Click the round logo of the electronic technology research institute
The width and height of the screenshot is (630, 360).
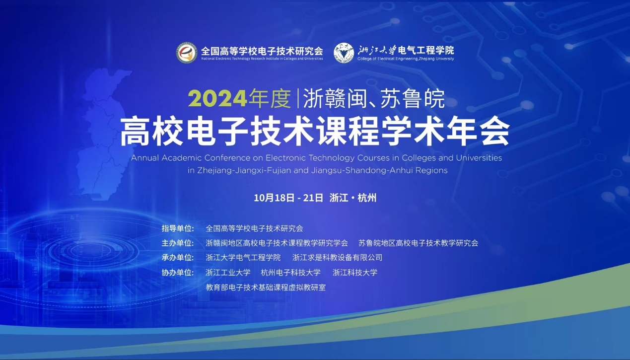tap(187, 53)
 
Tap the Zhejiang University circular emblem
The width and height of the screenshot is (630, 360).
tap(344, 53)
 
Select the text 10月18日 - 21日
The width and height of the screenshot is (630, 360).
tap(288, 198)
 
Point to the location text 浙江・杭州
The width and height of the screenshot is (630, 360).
tap(352, 198)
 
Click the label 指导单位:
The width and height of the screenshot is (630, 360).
tap(178, 228)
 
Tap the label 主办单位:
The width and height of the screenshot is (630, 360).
tap(178, 243)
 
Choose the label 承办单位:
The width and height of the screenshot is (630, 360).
tap(178, 258)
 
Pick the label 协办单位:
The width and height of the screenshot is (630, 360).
tap(178, 273)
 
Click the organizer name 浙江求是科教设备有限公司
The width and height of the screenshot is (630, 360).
tap(337, 258)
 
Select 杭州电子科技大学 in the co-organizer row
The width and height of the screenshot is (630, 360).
tap(290, 273)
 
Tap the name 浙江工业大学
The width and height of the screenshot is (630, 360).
tap(228, 273)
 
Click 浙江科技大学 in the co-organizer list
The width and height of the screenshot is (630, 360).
tap(354, 273)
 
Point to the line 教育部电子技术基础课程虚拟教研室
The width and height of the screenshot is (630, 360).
tap(266, 288)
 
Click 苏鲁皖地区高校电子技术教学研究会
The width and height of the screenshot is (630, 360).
tap(418, 243)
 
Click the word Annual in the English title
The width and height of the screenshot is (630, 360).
tap(145, 158)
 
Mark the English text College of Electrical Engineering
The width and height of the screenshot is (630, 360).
tap(388, 59)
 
